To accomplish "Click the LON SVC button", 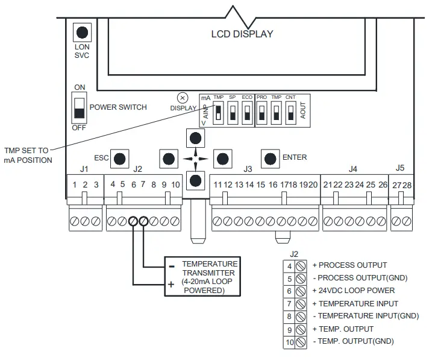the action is tap(82, 33).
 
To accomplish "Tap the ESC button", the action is tap(119, 159).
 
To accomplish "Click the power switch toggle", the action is tap(80, 108).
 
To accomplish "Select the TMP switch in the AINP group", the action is tap(218, 113).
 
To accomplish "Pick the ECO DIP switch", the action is tap(247, 113).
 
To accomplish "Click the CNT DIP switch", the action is tap(290, 113).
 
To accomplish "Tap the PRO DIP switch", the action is tap(261, 113).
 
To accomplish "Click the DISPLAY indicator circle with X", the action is tap(183, 98).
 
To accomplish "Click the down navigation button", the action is tap(195, 180).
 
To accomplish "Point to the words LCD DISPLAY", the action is tap(242, 34).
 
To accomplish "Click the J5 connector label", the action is tap(400, 168).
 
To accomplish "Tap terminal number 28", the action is tap(407, 185).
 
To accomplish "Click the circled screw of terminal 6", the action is tap(133, 221).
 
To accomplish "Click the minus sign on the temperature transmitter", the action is tap(172, 267).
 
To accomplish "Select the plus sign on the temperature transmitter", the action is tap(171, 284).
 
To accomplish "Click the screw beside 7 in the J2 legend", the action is tap(301, 304).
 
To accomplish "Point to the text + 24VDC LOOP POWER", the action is tap(354, 291).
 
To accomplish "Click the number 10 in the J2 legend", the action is tap(290, 343).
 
